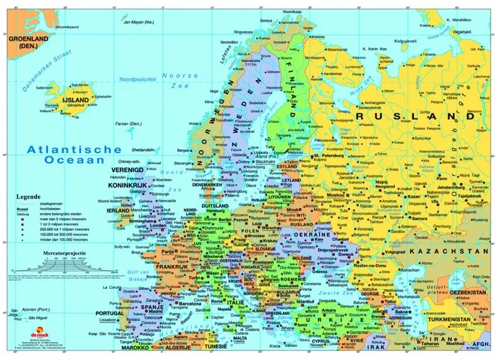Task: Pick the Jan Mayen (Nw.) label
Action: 139,22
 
